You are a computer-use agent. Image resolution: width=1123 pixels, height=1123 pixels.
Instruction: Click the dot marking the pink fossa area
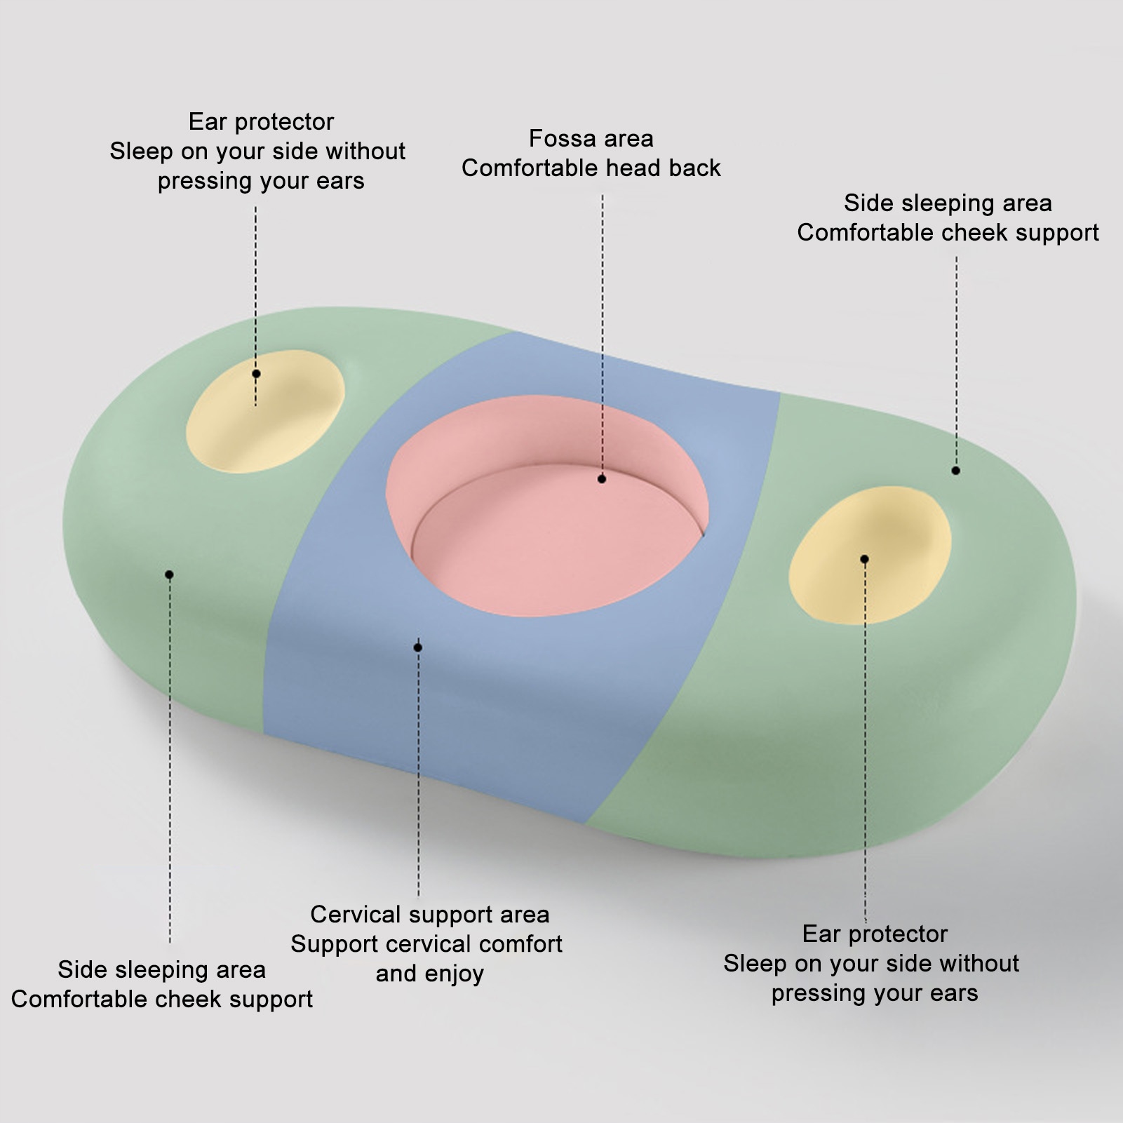point(602,479)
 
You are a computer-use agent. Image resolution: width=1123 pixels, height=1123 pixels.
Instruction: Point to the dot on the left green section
point(169,574)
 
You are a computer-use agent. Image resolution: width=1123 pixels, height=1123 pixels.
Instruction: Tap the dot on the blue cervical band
point(418,647)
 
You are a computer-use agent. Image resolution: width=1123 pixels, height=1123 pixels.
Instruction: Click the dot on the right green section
point(955,471)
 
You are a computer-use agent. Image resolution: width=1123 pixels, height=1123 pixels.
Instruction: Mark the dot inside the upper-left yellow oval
point(256,374)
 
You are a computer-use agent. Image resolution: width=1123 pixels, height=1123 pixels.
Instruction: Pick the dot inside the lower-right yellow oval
point(864,559)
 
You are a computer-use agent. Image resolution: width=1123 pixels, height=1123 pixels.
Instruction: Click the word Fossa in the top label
point(558,139)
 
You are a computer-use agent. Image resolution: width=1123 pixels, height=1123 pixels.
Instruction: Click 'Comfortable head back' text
point(591,168)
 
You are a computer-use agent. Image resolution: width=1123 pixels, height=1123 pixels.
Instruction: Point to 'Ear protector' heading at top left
point(261,122)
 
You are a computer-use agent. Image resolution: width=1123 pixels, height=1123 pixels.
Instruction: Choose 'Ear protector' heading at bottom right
point(875,934)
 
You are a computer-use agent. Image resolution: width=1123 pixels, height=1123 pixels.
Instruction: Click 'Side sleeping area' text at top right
point(948,203)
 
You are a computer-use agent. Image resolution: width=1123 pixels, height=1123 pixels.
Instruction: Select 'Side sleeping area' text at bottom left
point(161,970)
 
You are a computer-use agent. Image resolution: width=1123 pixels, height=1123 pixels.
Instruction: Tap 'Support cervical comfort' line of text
point(426,944)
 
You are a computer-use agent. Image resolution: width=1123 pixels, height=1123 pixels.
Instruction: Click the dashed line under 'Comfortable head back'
point(603,316)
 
